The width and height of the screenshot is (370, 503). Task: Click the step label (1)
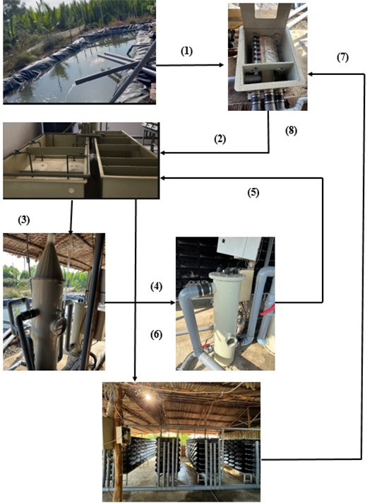coord(186,52)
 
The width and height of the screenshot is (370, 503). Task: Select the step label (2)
coord(220,139)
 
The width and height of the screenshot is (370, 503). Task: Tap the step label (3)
coord(23,220)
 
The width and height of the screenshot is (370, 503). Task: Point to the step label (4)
coord(156,286)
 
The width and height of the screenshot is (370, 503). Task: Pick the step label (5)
coord(253,192)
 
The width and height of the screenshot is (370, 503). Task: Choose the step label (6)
coord(156,335)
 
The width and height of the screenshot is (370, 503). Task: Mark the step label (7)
coord(342,58)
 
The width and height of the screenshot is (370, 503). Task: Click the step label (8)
coord(291,131)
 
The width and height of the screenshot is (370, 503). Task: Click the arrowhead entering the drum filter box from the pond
coord(221,65)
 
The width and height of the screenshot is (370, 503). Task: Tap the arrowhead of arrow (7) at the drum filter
coord(311,74)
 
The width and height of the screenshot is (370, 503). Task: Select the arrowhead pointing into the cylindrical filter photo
coord(173,302)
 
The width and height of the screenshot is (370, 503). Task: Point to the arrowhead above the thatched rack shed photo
coord(135,379)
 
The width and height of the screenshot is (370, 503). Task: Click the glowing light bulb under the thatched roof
coord(148,397)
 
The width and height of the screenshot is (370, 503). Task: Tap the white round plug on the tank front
coord(71,191)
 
